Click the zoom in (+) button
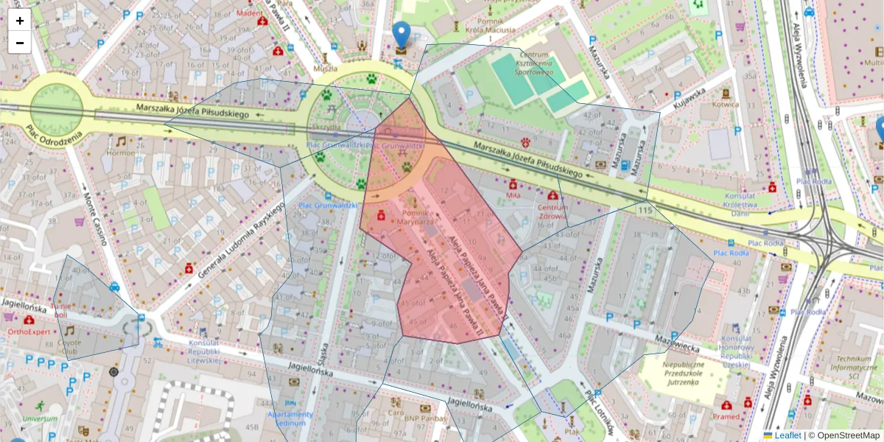[20, 21]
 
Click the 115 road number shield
[645, 211]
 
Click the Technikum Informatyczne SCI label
[852, 367]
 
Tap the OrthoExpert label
[29, 331]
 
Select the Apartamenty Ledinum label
[290, 418]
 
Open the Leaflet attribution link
[787, 435]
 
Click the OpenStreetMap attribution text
[847, 435]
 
